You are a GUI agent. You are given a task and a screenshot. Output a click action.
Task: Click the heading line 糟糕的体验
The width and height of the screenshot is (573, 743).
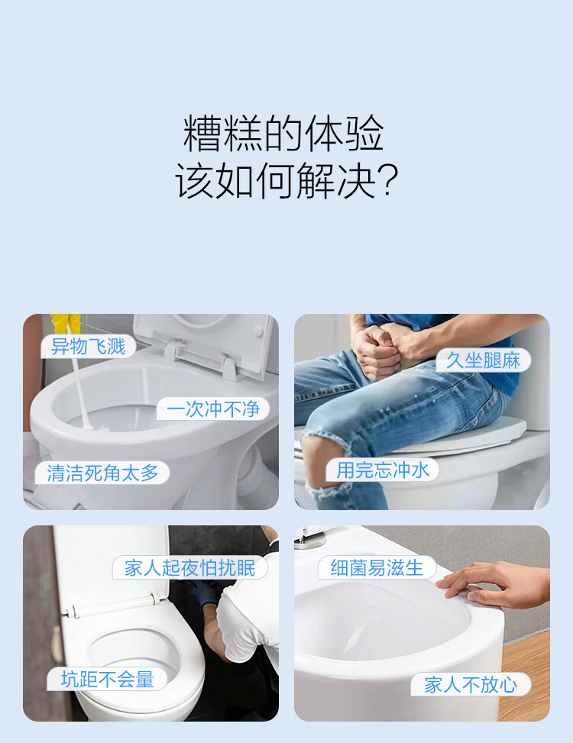click(283, 134)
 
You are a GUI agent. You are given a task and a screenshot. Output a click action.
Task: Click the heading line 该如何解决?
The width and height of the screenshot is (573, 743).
click(286, 180)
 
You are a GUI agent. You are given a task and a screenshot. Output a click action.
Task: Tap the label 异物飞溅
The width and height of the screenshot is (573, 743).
click(88, 347)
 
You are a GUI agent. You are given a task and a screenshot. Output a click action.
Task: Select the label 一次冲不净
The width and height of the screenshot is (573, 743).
click(213, 409)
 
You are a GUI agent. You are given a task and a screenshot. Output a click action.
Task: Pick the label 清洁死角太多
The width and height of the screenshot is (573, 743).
click(102, 473)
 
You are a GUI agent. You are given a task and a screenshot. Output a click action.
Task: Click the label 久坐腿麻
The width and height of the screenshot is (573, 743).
click(483, 360)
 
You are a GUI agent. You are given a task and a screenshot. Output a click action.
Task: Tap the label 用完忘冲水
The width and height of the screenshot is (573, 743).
click(383, 470)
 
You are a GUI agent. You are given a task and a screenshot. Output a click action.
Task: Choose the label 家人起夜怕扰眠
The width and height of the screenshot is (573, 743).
click(190, 567)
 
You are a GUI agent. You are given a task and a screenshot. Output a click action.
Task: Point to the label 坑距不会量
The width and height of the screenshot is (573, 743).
click(107, 680)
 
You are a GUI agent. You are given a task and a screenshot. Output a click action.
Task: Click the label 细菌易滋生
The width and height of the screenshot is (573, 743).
click(377, 567)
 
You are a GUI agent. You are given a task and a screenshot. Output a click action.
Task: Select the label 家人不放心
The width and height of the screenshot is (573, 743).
click(471, 685)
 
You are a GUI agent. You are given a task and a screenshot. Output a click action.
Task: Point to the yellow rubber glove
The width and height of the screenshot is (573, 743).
click(66, 325)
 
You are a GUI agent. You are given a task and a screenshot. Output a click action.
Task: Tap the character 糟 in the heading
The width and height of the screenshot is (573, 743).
click(202, 134)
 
